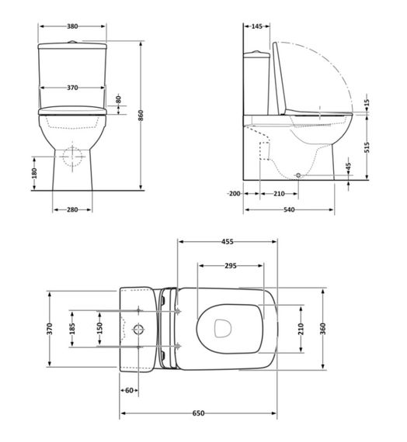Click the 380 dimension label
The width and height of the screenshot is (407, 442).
(x=72, y=26)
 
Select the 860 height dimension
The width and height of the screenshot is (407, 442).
(x=141, y=115)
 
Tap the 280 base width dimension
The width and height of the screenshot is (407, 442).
(x=72, y=209)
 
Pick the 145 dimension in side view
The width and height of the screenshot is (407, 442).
(x=257, y=26)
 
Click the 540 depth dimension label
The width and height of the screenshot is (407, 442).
(x=290, y=209)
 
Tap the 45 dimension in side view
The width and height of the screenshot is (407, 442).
(x=348, y=167)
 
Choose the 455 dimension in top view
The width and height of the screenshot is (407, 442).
(x=228, y=242)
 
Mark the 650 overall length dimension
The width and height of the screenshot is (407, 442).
(x=199, y=413)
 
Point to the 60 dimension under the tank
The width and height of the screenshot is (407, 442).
(x=130, y=390)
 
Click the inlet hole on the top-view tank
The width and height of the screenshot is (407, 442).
(x=139, y=329)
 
